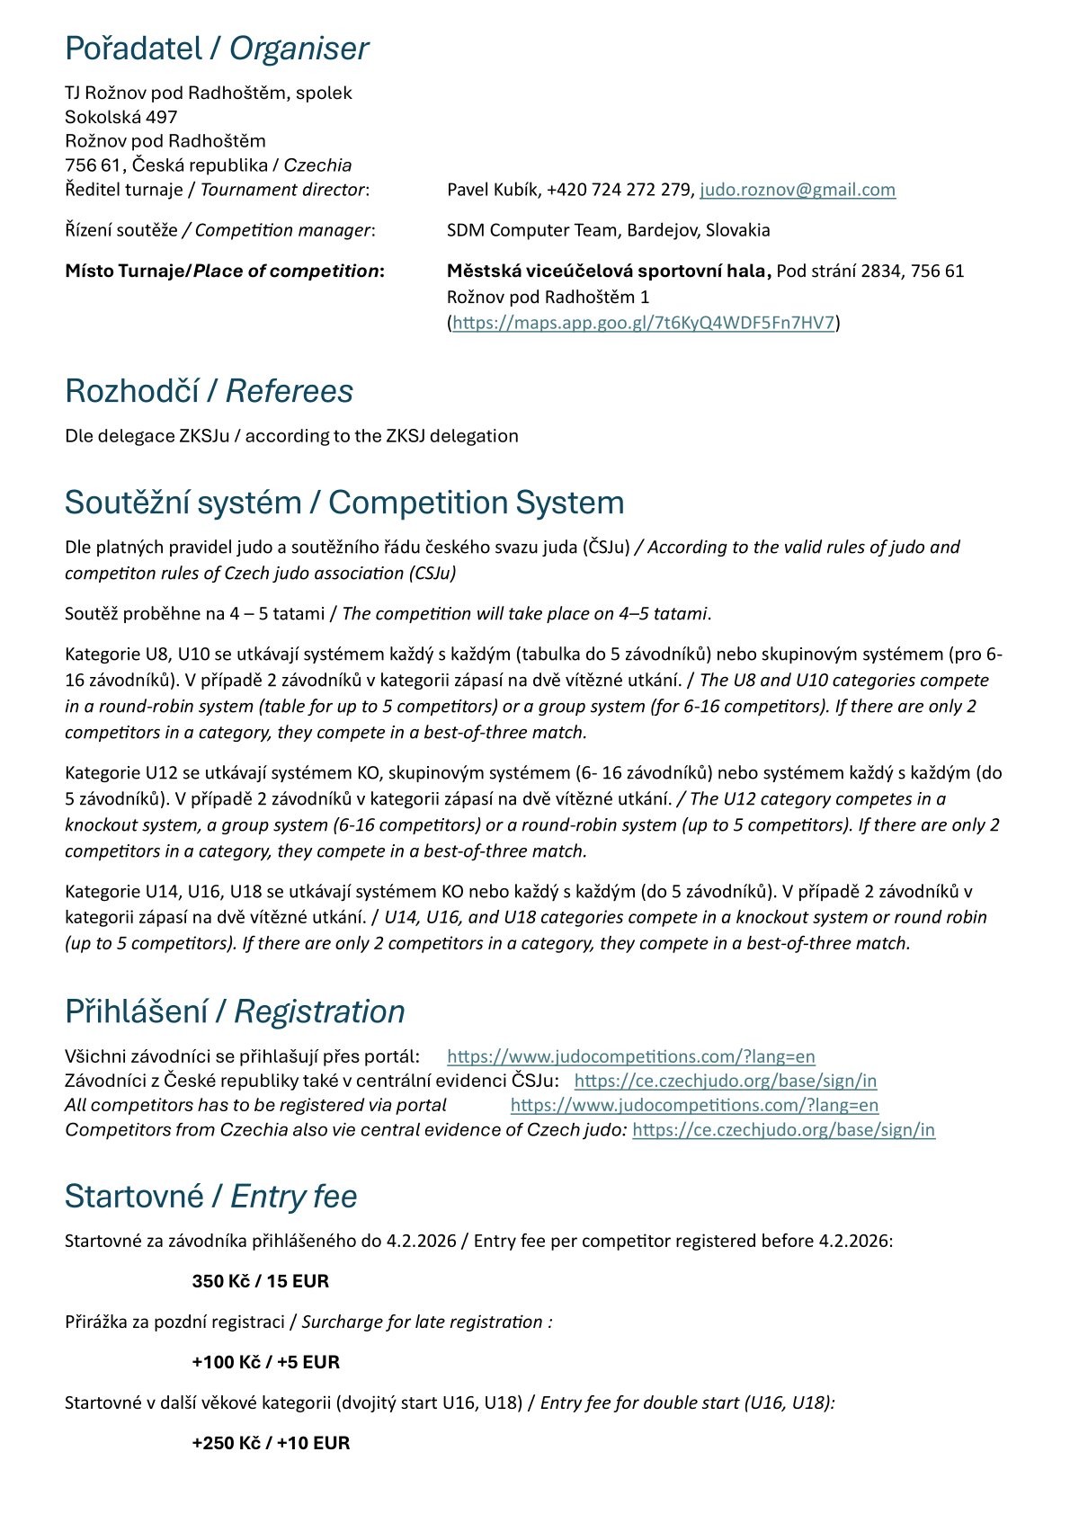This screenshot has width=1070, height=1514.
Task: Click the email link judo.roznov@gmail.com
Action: point(798,190)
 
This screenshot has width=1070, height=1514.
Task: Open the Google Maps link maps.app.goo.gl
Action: point(644,323)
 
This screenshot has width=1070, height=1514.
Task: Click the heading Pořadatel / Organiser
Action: point(217,49)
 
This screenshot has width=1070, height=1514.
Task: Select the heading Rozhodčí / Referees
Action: point(209,391)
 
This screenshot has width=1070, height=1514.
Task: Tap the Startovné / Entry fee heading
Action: point(210,1197)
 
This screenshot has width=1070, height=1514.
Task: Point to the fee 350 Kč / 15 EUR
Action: point(260,1281)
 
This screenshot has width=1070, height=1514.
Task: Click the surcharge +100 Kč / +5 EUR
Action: point(265,1362)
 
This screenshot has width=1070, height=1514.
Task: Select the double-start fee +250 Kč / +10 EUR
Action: point(271,1443)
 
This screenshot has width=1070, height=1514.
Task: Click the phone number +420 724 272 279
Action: point(620,190)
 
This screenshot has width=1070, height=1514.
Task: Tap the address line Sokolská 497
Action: point(121,117)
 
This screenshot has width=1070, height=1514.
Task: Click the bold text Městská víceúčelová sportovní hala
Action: point(609,271)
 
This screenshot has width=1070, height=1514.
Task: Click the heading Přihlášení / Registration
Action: point(235,1011)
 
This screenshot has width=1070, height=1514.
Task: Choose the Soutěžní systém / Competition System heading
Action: point(344,503)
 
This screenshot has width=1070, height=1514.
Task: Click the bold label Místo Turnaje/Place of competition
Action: point(224,271)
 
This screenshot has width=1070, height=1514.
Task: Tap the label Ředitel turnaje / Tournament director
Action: point(217,190)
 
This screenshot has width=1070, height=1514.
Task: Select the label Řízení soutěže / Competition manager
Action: point(219,230)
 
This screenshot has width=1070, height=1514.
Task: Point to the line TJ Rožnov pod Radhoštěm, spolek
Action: point(208,93)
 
